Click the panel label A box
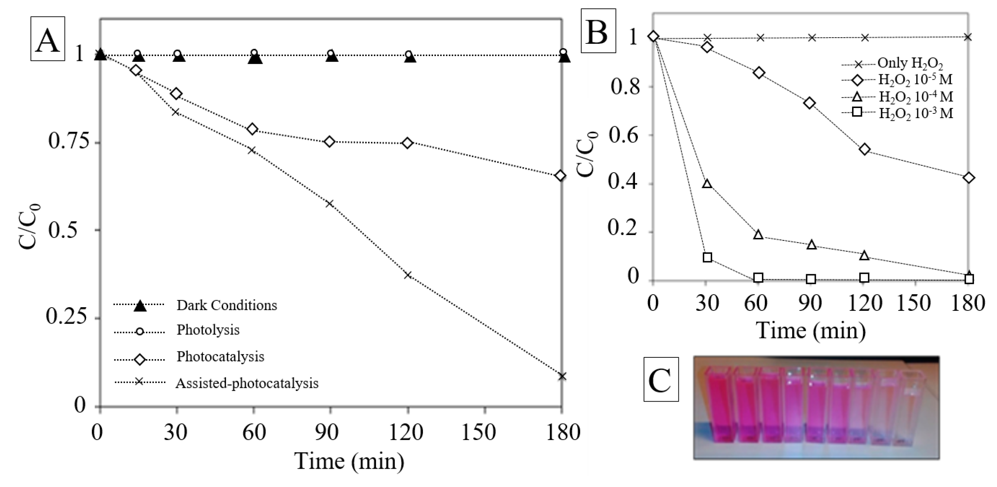coord(48,38)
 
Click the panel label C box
coord(661,379)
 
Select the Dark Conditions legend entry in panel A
coord(226,305)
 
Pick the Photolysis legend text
coord(208,330)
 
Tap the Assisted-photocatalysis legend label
coord(247,383)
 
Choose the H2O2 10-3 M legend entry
coord(916,113)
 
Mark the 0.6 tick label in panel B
coord(623,136)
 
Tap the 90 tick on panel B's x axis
coord(810,303)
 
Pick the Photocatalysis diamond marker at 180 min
coord(560,176)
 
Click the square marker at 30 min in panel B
coord(707,257)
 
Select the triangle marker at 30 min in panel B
coord(707,183)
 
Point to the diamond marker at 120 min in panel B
coord(865,149)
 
